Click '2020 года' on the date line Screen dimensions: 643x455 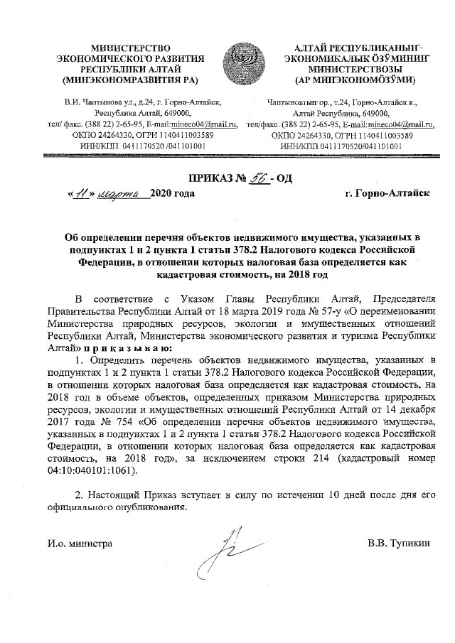pos(168,193)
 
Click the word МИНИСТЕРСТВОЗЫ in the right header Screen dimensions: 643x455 pos(353,69)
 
